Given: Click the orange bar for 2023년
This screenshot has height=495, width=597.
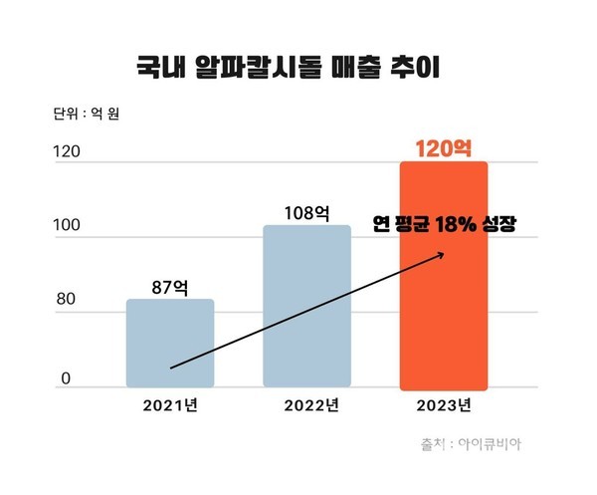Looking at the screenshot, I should (x=443, y=299).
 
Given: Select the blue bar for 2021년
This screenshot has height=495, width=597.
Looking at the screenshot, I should (x=170, y=344).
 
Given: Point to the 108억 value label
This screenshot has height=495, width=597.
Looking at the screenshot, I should (x=306, y=212).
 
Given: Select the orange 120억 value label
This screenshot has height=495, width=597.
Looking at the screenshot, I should (x=444, y=148).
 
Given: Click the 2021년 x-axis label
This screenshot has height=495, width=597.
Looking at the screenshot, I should (x=170, y=405).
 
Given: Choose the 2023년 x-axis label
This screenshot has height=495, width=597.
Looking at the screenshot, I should (x=444, y=405).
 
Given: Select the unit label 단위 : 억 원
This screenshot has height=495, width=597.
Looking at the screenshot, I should (x=90, y=114).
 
